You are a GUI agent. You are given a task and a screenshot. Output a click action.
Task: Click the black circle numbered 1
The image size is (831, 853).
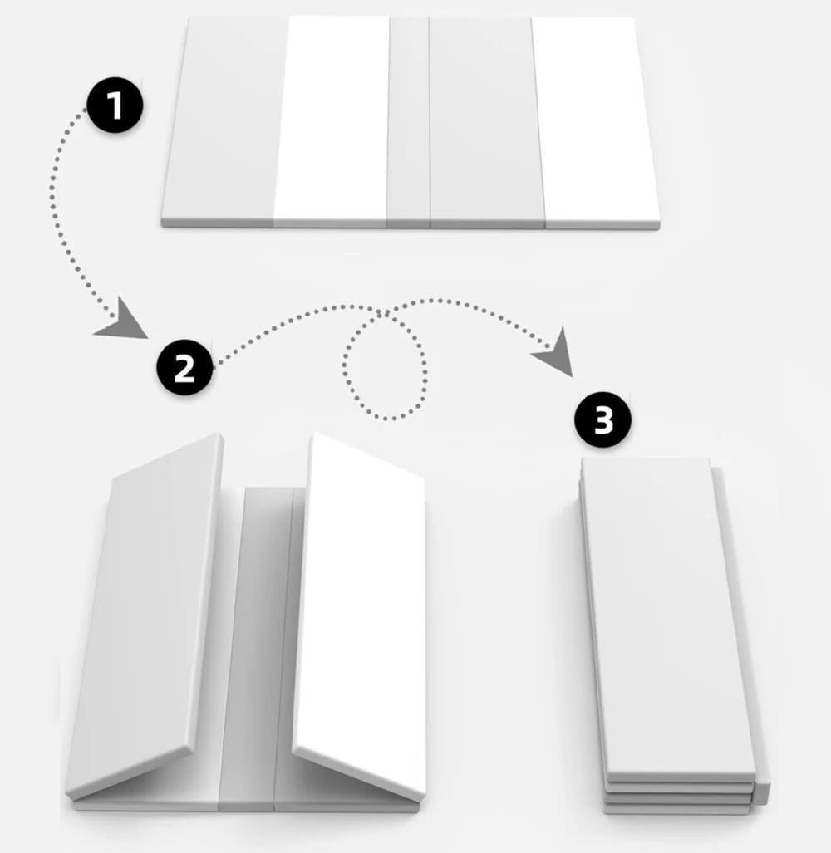click(115, 105)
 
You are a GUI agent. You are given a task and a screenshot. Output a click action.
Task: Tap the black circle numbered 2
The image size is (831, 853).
click(184, 368)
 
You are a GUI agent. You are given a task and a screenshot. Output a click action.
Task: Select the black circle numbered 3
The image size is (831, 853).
click(603, 419)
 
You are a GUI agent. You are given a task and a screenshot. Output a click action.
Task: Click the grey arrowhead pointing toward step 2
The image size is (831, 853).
click(123, 321)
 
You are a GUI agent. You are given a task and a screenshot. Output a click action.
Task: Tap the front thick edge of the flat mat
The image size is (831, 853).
click(411, 224)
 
